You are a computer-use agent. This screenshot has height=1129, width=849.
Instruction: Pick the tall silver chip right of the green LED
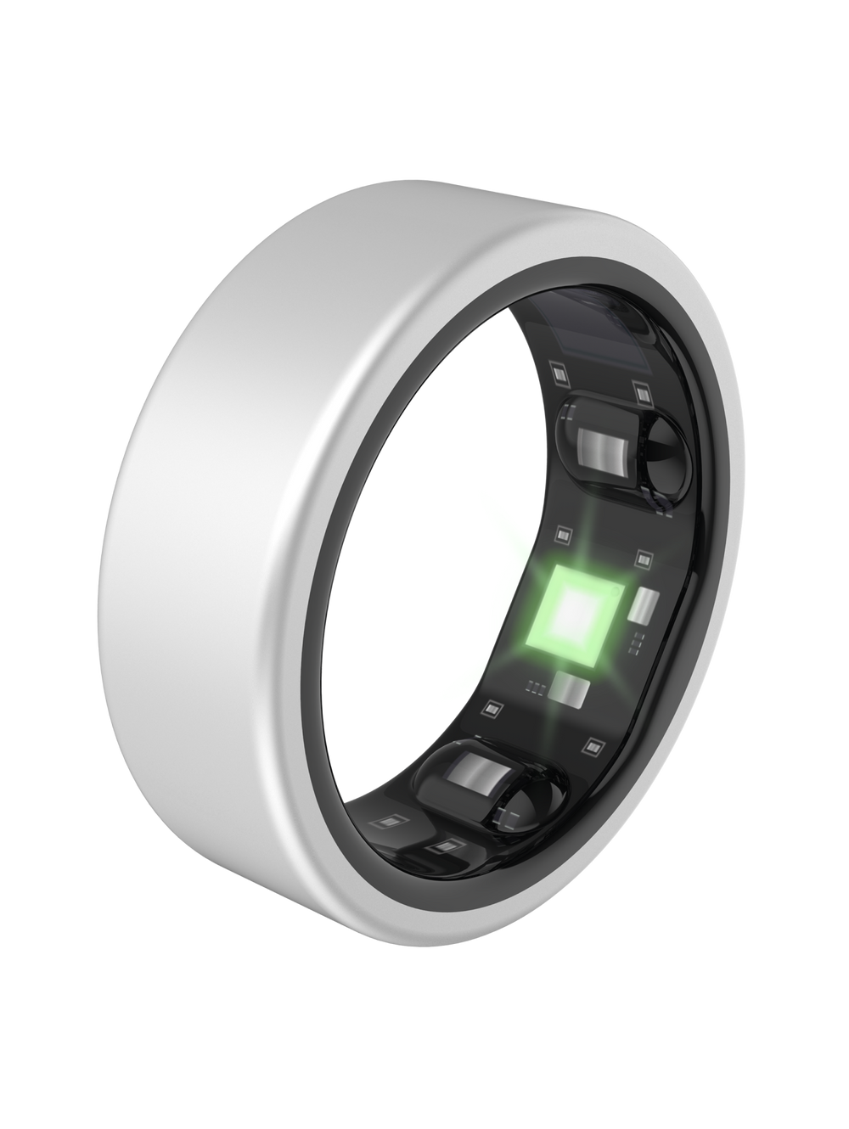(x=647, y=609)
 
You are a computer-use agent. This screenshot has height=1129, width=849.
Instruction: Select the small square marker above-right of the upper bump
(x=644, y=390)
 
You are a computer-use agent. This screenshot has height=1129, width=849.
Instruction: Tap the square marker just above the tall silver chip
(x=644, y=558)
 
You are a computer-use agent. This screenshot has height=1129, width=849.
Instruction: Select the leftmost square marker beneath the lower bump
(x=392, y=821)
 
